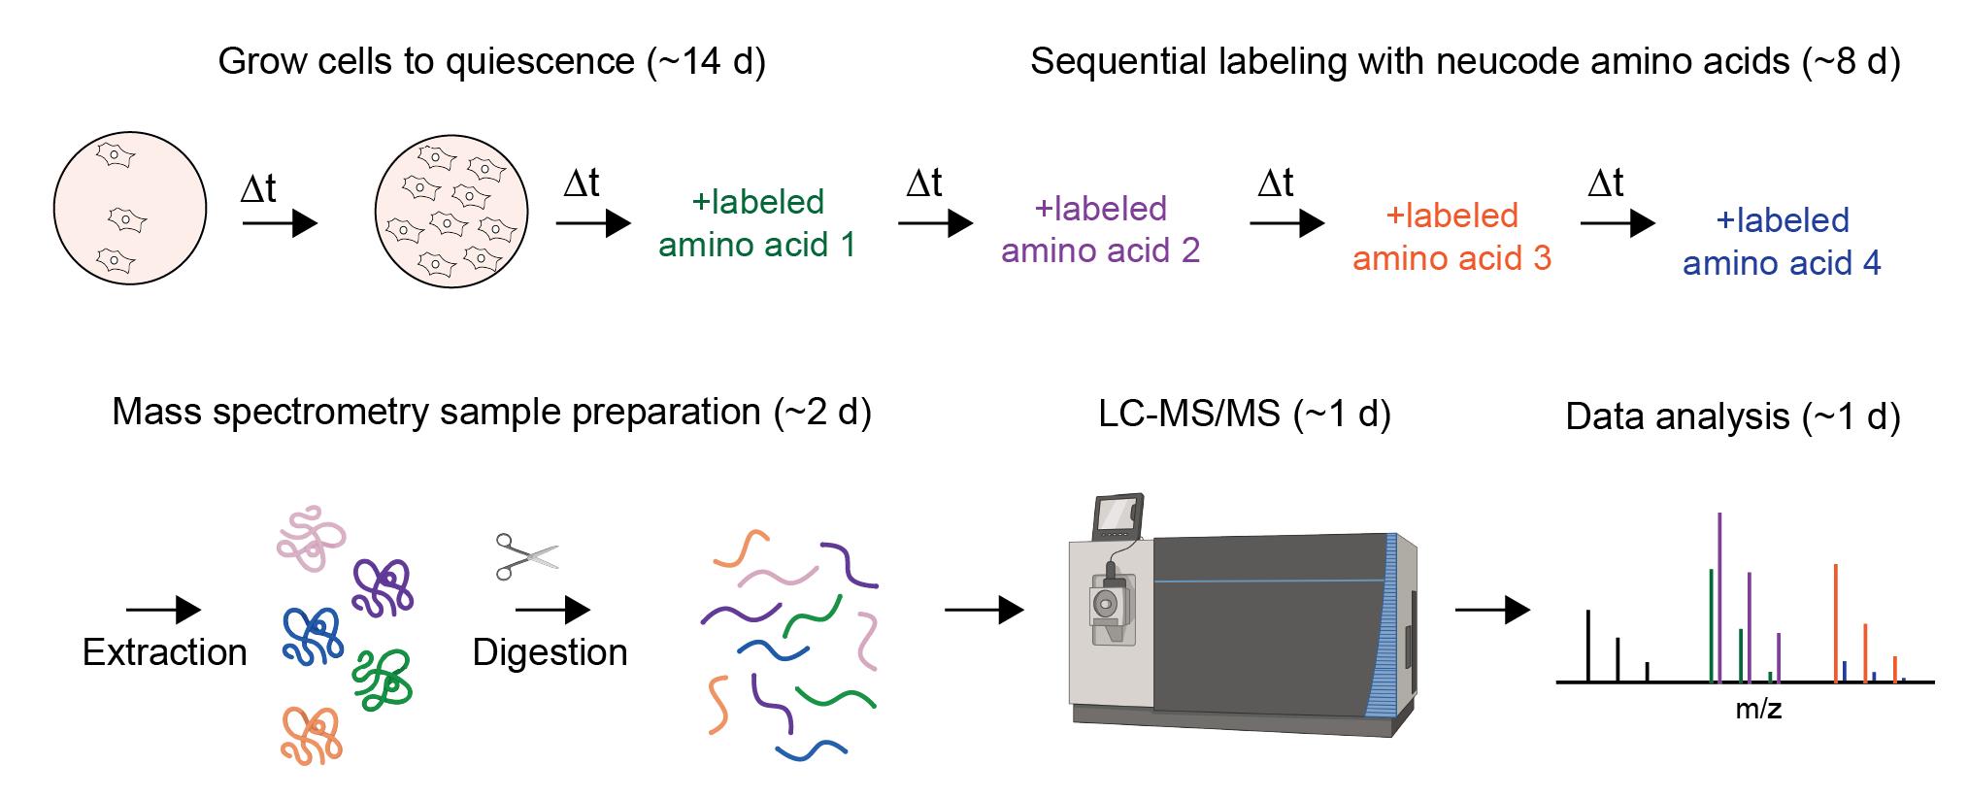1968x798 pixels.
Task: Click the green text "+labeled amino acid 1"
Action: [x=757, y=223]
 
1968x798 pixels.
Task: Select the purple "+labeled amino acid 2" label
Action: [x=1100, y=230]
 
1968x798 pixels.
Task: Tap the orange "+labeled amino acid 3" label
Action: [x=1451, y=237]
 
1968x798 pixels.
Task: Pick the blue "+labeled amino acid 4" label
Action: [x=1782, y=242]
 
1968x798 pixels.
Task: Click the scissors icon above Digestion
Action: [x=527, y=556]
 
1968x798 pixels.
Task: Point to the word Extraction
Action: [x=165, y=652]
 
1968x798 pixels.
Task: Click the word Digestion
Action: [x=550, y=652]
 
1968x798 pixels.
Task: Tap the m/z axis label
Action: [x=1758, y=710]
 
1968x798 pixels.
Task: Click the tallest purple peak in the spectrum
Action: [x=1719, y=597]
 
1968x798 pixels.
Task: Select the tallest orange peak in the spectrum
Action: [x=1835, y=622]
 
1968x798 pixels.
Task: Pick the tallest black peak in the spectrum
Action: [x=1587, y=646]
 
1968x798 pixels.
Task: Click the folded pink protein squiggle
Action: [x=311, y=537]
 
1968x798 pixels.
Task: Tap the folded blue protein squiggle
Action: [x=312, y=636]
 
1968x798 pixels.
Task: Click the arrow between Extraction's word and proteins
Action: [x=163, y=610]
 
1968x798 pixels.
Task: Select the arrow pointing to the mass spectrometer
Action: [x=984, y=610]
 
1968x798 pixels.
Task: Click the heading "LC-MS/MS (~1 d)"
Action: [x=1245, y=415]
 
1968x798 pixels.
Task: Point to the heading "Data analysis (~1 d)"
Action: [x=1733, y=416]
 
